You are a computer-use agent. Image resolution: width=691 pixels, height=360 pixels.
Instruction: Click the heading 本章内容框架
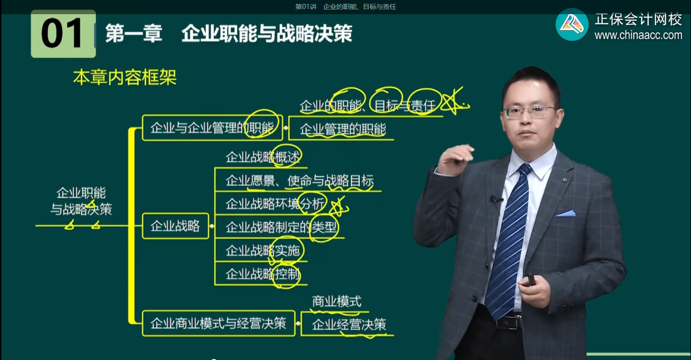124,78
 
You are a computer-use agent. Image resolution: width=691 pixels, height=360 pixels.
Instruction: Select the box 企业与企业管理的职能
212,128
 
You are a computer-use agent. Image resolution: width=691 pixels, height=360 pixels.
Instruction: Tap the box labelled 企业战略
175,226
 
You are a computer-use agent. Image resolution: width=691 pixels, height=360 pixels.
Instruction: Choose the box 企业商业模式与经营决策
218,324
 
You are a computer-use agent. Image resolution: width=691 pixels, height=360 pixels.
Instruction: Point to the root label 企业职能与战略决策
81,201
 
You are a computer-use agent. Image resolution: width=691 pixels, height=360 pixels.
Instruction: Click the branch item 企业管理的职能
343,129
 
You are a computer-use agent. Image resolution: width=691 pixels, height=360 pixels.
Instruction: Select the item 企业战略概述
263,157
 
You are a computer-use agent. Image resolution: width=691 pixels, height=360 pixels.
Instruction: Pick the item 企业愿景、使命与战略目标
300,181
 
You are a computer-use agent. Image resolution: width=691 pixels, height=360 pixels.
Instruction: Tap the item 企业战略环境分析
275,204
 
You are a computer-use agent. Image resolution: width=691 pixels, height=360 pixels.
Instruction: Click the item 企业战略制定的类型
281,228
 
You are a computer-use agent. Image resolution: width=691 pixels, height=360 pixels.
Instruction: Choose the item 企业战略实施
263,250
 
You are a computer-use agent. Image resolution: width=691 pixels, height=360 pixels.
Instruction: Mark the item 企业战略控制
263,274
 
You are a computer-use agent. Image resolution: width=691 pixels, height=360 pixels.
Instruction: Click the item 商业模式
337,301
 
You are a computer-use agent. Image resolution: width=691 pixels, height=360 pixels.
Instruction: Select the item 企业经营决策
349,325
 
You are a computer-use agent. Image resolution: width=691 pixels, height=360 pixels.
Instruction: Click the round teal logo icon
572,25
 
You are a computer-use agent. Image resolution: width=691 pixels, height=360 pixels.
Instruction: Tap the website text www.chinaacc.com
638,35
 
